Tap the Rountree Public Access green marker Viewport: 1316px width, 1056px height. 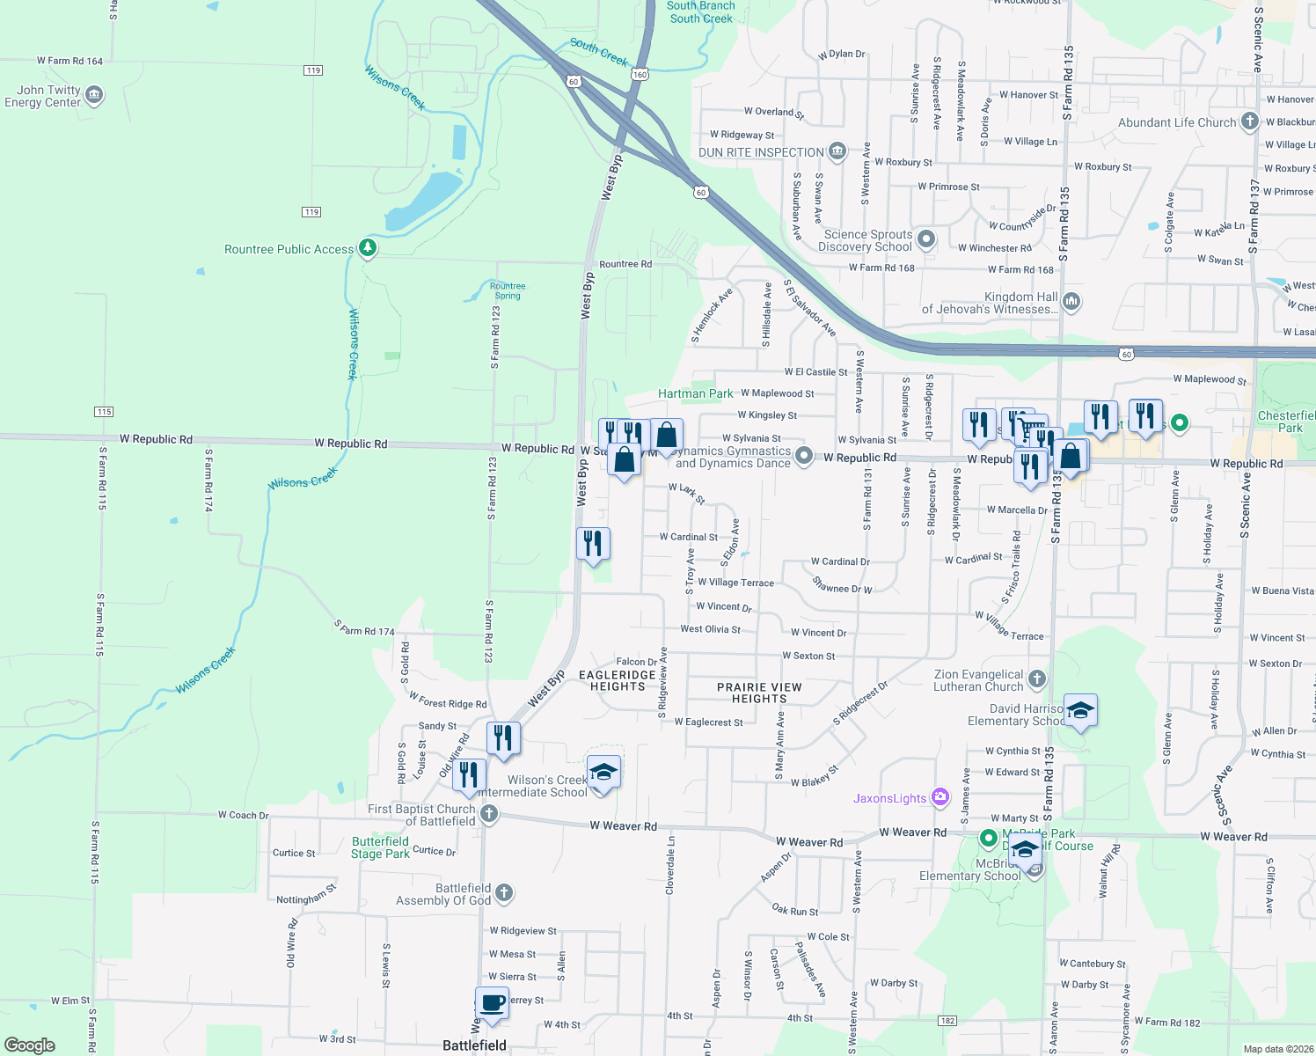pos(368,248)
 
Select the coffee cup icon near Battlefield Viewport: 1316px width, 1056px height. pos(492,1002)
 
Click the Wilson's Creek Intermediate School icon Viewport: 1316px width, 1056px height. pos(603,773)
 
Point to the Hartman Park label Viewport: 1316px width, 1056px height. pos(695,393)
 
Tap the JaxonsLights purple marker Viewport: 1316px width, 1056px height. pos(940,797)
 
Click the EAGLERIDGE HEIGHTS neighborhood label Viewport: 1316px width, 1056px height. pos(618,680)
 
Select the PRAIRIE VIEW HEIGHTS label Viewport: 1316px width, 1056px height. pos(759,693)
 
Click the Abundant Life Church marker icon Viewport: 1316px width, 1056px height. pos(1249,121)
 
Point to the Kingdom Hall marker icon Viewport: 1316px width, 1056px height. pos(1071,302)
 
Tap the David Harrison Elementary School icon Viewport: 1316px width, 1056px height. pos(1079,709)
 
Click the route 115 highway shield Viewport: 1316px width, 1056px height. pos(104,412)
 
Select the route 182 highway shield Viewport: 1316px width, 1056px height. pos(947,1021)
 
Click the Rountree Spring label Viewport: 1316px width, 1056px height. pos(508,290)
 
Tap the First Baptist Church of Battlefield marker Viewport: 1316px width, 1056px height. pos(488,814)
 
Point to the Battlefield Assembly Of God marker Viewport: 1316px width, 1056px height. pos(504,893)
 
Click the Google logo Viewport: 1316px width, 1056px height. pos(30,1045)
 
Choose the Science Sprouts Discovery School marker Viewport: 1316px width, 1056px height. pos(925,238)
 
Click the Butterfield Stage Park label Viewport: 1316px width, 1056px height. pos(380,847)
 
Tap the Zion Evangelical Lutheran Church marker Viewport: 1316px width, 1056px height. pos(1037,678)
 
